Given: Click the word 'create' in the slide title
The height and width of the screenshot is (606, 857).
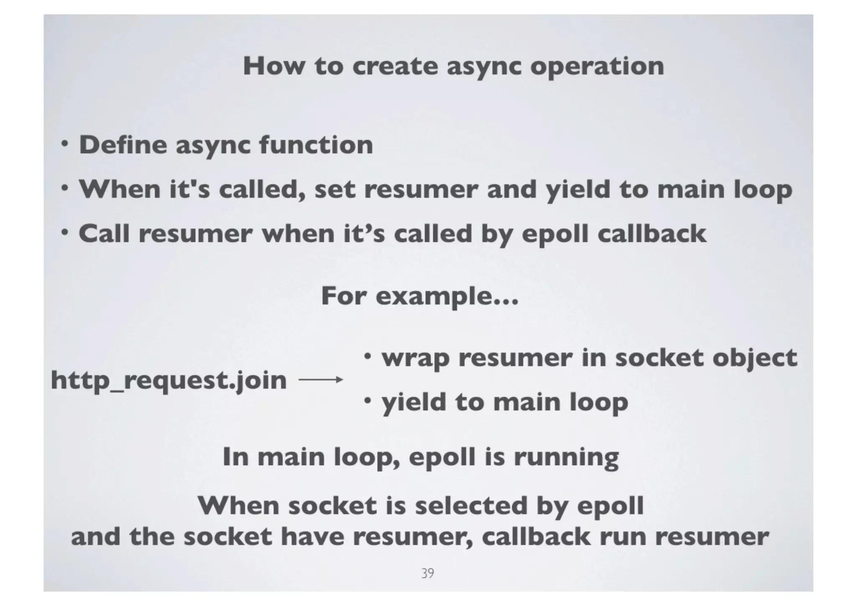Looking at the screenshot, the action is coord(395,66).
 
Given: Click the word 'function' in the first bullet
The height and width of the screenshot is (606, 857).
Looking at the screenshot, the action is coord(316,145).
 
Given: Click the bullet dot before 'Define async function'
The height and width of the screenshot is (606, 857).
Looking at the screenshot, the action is coord(64,144).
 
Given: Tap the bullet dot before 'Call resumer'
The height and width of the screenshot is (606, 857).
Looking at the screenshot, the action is coord(64,233).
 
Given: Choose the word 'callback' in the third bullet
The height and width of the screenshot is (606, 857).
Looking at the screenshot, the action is coord(652,234).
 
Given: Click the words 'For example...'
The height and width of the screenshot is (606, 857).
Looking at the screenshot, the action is coord(420,296).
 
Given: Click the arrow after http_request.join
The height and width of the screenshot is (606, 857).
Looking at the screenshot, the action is coord(321,380).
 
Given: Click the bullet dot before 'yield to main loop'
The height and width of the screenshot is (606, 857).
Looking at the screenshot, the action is coord(367,401).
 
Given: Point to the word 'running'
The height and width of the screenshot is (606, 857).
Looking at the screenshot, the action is coord(566,457).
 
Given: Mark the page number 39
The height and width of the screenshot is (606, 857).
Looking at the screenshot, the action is coord(427,573).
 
